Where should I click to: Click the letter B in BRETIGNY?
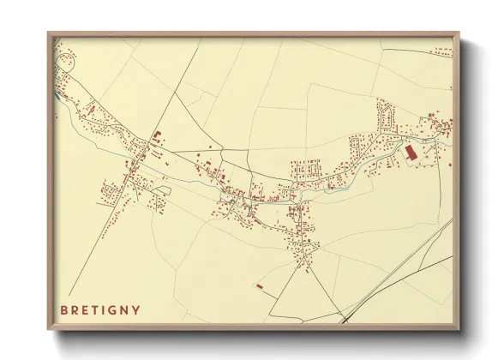pyautogui.click(x=63, y=309)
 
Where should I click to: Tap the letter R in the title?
pyautogui.click(x=75, y=309)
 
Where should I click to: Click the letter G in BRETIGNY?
pyautogui.click(x=117, y=309)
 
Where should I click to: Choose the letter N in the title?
pyautogui.click(x=129, y=309)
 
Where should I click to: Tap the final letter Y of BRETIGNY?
pyautogui.click(x=140, y=309)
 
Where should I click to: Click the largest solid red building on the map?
pyautogui.click(x=410, y=153)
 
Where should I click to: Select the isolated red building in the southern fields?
pyautogui.click(x=259, y=285)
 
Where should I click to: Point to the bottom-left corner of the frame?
pyautogui.click(x=49, y=330)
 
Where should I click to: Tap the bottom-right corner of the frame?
pyautogui.click(x=459, y=330)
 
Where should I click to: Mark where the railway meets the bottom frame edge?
pyautogui.click(x=344, y=321)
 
